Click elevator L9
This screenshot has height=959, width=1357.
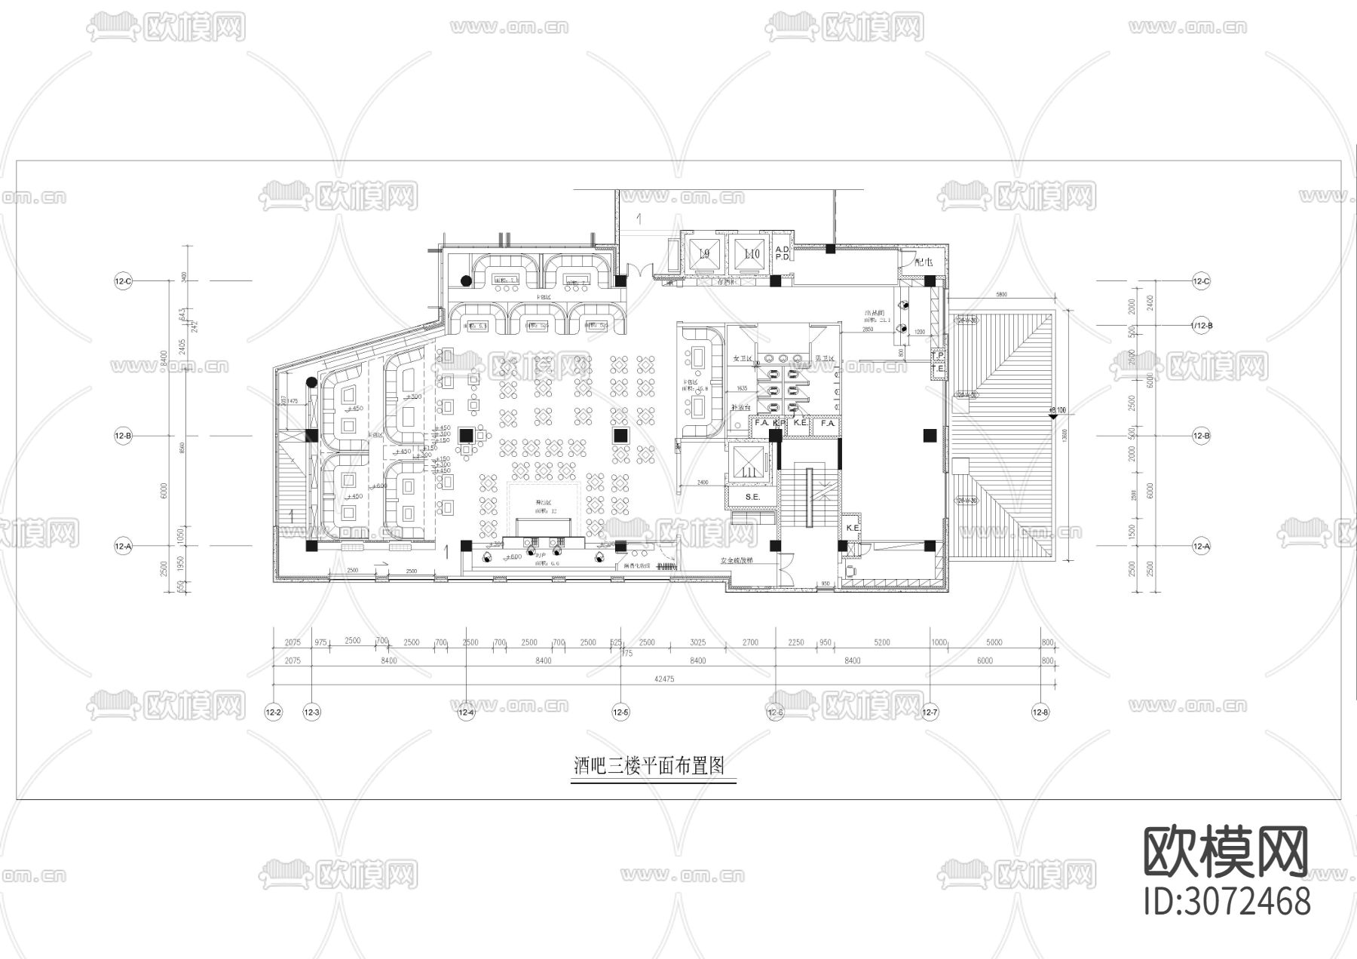point(705,254)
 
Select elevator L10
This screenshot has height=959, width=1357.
point(752,254)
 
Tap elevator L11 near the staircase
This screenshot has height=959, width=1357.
point(748,471)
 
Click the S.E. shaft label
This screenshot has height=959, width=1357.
point(752,498)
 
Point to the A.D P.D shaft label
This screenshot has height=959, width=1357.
point(782,253)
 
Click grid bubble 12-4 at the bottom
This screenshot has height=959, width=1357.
point(467,712)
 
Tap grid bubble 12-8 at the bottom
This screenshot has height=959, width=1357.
point(1040,712)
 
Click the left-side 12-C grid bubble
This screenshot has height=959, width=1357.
point(123,281)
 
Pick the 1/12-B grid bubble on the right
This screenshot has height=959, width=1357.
point(1201,325)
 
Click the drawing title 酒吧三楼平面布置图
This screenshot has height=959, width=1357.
point(648,767)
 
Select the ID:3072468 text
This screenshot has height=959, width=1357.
point(1227,902)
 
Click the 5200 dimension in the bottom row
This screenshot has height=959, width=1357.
point(881,642)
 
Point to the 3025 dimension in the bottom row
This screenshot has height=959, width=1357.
point(697,642)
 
